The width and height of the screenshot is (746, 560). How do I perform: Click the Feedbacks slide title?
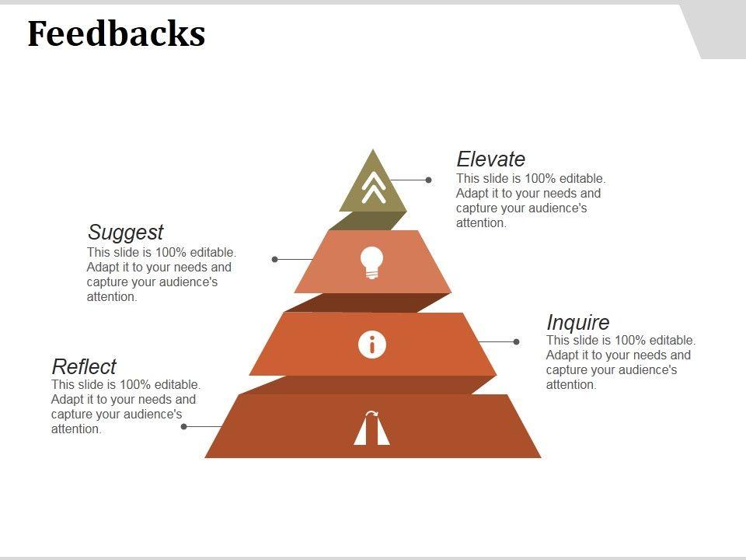point(117,34)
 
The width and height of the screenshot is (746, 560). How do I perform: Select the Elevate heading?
point(490,159)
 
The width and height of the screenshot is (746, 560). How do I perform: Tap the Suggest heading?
point(125,232)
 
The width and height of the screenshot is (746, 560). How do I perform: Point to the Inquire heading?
point(578,322)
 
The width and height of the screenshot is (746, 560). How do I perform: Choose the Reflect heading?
point(84,366)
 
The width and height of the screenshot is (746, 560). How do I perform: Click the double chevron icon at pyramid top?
point(373,187)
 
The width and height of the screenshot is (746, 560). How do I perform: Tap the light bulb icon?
point(372,262)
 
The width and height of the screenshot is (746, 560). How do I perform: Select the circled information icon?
point(372,344)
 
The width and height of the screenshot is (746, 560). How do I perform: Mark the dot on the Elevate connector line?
point(429,180)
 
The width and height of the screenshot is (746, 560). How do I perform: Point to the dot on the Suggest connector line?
point(275,259)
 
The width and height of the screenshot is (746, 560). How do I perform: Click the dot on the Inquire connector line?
point(516,341)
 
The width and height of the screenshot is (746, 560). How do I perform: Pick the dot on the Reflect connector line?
point(184,426)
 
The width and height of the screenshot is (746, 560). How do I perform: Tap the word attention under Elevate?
point(480,223)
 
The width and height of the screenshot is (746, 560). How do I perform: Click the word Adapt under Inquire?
point(563,355)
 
